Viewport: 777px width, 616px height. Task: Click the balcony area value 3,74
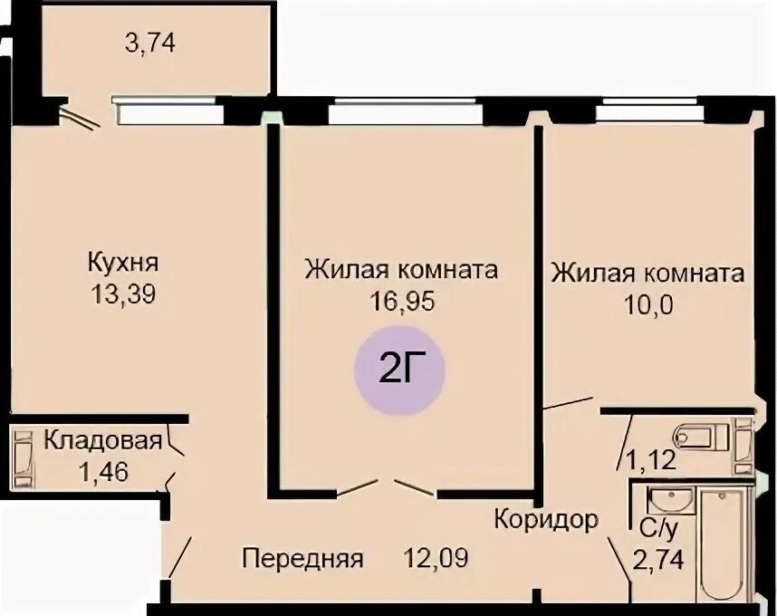point(149,43)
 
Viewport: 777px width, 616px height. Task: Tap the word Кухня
point(123,262)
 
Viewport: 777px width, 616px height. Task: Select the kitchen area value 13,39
point(123,294)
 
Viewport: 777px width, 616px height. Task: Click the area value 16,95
point(402,301)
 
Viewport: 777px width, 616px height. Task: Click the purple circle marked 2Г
point(399,371)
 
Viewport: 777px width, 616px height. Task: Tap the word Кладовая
point(103,440)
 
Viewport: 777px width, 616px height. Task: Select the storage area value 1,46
point(103,472)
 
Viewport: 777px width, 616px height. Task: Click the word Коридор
point(546,520)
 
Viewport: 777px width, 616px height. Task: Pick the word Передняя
point(302,559)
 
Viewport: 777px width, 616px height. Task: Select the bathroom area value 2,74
point(658,560)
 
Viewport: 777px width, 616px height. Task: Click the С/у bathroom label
point(657,530)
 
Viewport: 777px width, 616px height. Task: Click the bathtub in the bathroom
point(724,544)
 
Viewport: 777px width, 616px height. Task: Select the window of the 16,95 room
point(406,111)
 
